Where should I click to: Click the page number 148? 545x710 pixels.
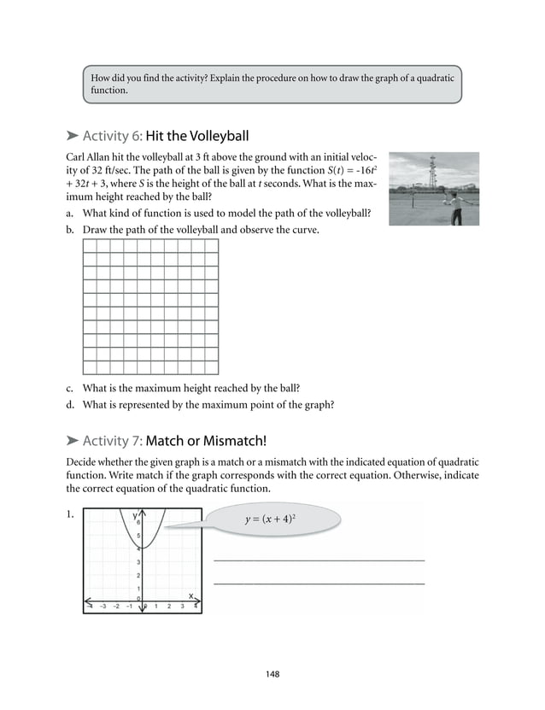tap(272, 674)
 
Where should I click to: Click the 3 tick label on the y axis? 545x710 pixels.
tap(138, 561)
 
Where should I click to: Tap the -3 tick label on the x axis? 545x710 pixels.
tap(103, 607)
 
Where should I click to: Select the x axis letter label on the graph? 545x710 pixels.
tap(191, 596)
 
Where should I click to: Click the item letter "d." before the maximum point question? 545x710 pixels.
tap(70, 405)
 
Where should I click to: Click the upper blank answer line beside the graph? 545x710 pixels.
tap(318, 560)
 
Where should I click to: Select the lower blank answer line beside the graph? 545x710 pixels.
tap(318, 584)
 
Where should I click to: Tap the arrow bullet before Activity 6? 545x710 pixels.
tap(73, 135)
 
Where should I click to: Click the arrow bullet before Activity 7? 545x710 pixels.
tap(73, 441)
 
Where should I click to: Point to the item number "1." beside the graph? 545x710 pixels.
tap(71, 516)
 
